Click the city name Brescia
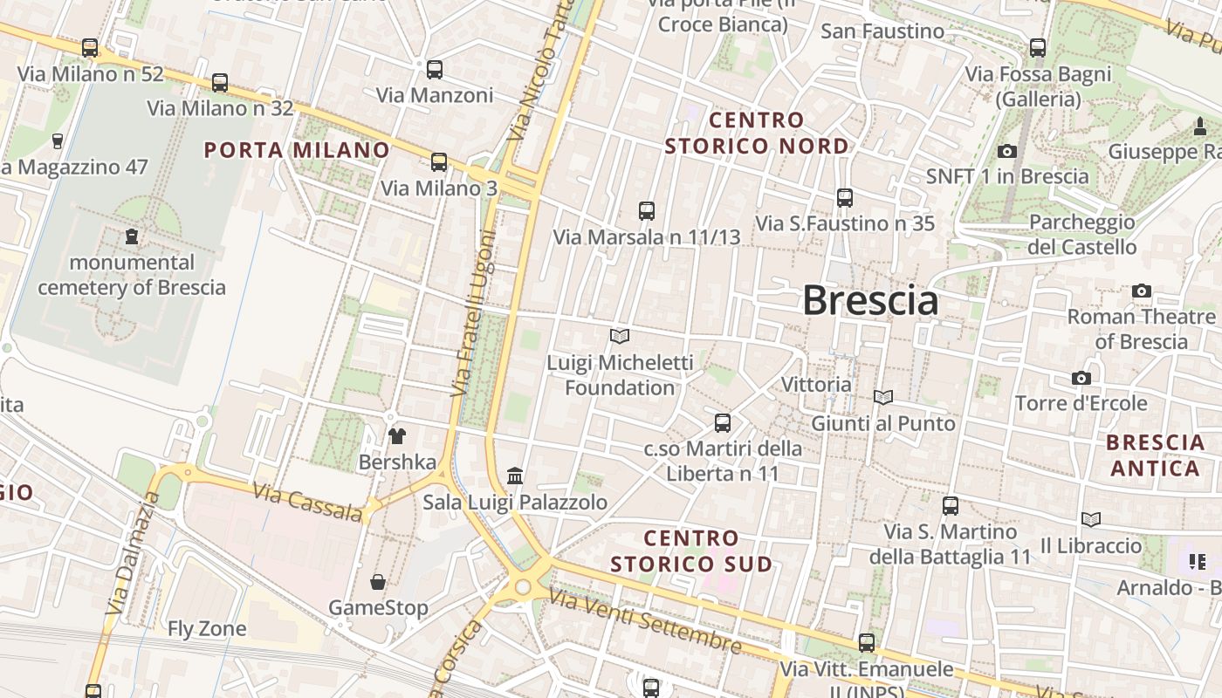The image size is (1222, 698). click(x=870, y=301)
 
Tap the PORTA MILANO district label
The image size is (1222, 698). click(x=297, y=150)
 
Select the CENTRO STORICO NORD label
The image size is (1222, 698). click(x=757, y=133)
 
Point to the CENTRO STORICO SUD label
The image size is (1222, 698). click(x=691, y=551)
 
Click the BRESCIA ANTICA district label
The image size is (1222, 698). click(x=1156, y=455)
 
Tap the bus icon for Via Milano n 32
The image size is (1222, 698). click(x=220, y=83)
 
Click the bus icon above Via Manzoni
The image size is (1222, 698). click(x=434, y=69)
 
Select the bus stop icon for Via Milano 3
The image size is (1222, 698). click(x=439, y=161)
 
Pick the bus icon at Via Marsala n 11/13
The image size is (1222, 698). click(x=646, y=210)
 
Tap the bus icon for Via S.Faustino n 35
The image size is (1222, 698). click(x=844, y=197)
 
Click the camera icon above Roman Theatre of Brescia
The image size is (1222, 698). click(x=1141, y=291)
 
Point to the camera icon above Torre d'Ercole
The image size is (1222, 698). click(x=1081, y=378)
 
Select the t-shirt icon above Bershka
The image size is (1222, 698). click(x=397, y=435)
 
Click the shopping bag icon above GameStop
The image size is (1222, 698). click(x=378, y=581)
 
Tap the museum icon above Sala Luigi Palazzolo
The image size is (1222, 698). click(x=515, y=476)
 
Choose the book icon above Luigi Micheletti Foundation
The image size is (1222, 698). click(x=620, y=336)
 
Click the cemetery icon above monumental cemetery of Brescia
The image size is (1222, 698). click(x=132, y=236)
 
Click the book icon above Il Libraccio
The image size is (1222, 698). click(x=1090, y=519)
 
